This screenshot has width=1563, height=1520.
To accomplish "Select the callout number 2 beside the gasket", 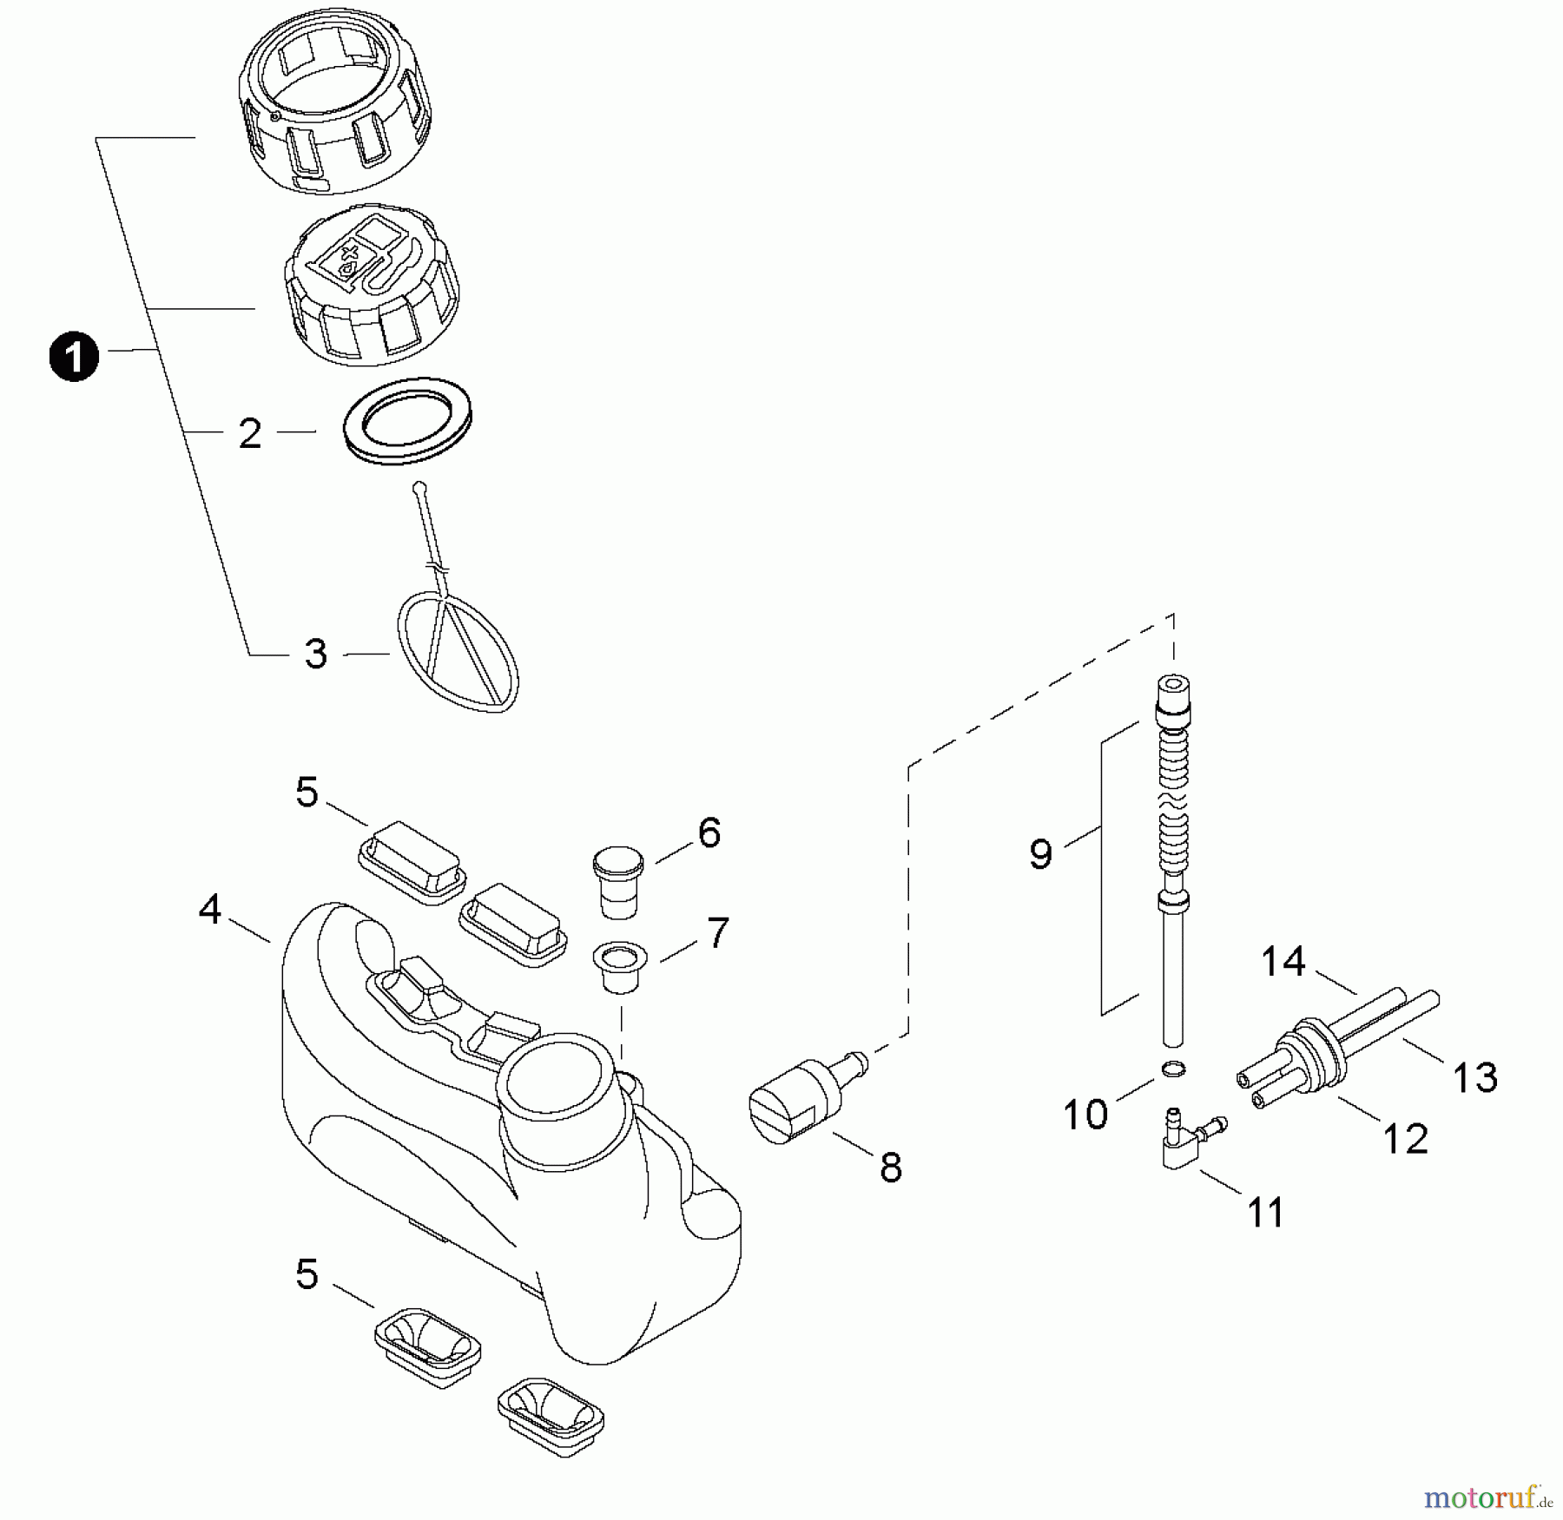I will click(x=250, y=433).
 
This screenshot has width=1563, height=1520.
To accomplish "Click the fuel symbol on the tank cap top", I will click(x=365, y=253).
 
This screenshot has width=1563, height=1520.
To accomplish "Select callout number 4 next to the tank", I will click(x=210, y=910).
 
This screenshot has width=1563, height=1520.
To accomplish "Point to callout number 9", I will click(x=1040, y=854).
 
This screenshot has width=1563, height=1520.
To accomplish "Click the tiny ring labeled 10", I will click(x=1171, y=1069).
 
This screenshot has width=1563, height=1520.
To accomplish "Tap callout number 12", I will click(x=1404, y=1139).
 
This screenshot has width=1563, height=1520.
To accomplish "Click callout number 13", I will click(x=1475, y=1078).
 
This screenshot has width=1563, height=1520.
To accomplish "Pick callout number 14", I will click(x=1283, y=962).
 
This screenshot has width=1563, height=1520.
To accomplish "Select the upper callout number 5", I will click(x=307, y=793).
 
